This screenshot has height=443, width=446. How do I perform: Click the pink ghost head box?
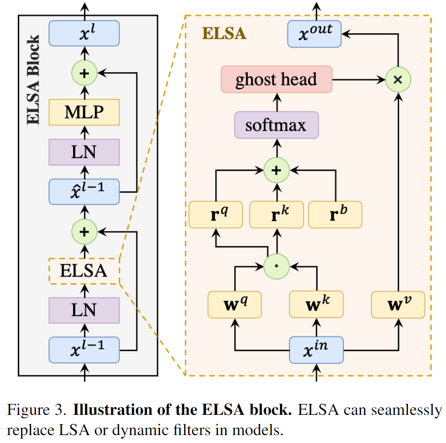276,79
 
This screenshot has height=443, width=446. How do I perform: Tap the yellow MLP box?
84,112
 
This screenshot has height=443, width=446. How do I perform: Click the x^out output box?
314,34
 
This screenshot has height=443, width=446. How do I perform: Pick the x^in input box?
316,350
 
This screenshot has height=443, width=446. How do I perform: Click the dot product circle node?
276,266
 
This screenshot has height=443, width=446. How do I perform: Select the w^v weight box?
398,304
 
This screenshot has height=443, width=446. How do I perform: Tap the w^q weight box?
234,304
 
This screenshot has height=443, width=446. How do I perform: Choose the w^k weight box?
316,304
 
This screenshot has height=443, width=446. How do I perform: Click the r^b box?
335,214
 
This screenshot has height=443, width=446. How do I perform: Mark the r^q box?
215,214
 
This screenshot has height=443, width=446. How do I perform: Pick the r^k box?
276,214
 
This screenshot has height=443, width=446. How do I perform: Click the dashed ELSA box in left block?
84,271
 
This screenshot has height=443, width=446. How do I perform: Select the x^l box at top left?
84,34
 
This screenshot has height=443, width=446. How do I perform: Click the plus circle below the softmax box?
276,170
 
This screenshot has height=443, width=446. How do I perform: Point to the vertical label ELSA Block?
34,79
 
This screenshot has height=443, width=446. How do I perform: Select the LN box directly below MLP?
84,152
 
